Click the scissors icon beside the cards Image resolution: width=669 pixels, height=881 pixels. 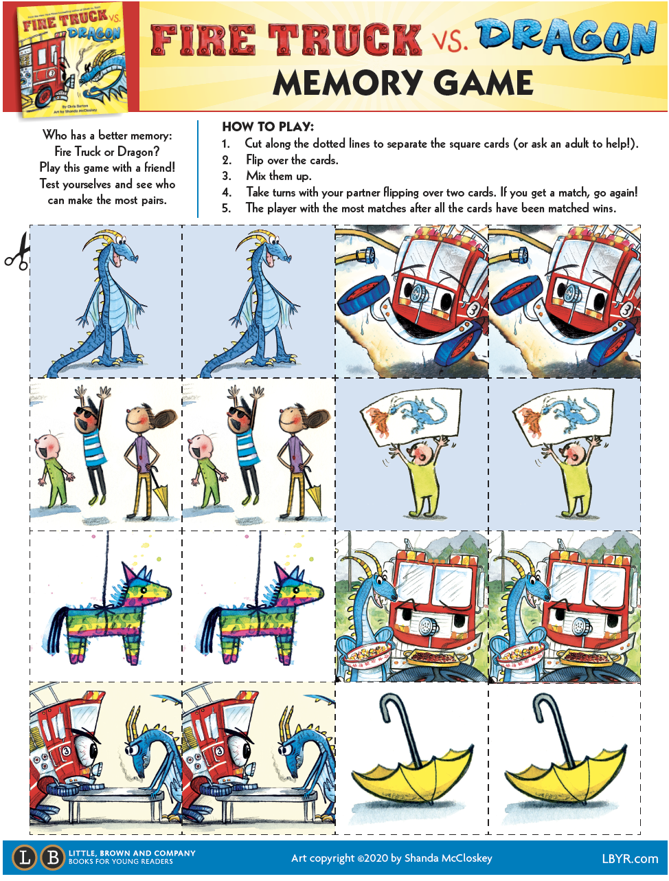17,252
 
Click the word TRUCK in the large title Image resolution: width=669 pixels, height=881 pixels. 344,40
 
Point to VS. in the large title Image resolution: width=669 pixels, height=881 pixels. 450,41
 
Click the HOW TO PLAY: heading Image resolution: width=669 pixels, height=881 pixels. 268,126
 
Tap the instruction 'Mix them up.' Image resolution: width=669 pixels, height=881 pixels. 278,176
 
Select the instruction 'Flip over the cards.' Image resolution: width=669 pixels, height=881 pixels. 292,160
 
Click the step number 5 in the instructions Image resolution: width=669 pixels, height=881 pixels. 226,208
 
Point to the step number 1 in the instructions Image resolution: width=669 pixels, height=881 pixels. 225,144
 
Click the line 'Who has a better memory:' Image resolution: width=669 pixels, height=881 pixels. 107,135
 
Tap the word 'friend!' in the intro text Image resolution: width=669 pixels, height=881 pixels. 159,168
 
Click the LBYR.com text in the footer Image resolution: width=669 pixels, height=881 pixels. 629,858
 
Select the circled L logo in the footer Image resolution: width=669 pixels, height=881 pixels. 25,858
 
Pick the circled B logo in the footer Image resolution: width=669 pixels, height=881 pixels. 52,858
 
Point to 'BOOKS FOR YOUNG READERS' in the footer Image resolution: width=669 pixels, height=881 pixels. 121,862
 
